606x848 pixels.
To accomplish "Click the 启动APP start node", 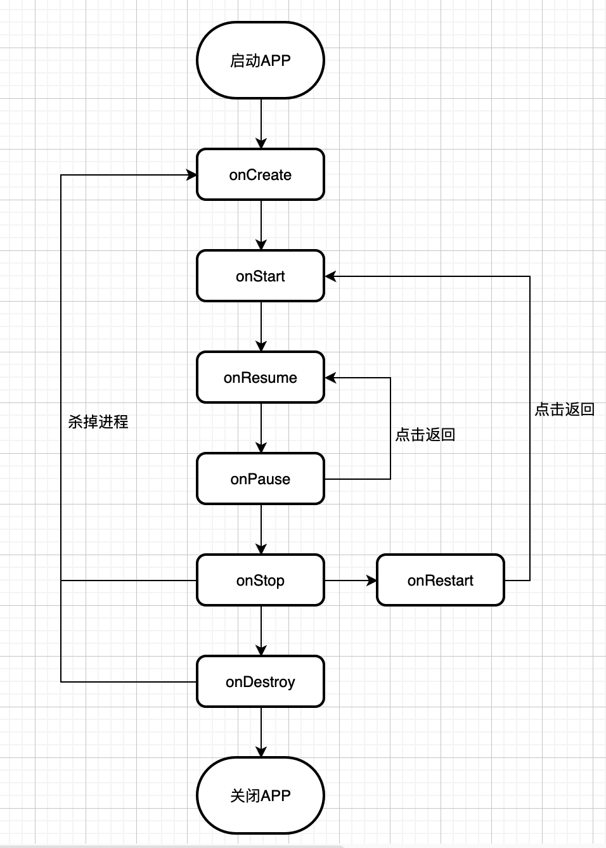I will [x=261, y=61].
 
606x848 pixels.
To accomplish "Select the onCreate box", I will [x=261, y=175].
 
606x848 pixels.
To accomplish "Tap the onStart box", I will [x=261, y=276].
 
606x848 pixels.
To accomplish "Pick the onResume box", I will [x=261, y=378].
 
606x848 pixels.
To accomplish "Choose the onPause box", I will [x=261, y=479].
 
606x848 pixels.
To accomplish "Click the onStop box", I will [x=261, y=581].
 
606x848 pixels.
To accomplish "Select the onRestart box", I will [x=441, y=581].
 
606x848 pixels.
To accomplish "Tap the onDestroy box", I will [x=261, y=682].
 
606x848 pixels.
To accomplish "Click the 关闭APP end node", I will [x=261, y=796].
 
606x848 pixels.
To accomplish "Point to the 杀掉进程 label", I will [x=98, y=422].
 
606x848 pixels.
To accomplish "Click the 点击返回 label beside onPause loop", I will [x=425, y=435].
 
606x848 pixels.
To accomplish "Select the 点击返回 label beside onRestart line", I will [x=565, y=409].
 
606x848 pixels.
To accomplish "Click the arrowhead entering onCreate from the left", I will [x=191, y=175].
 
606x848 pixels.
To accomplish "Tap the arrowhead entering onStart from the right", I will [x=330, y=276].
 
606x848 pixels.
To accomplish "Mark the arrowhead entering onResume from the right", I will [x=330, y=378].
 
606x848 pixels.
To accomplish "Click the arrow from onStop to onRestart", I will [x=351, y=581].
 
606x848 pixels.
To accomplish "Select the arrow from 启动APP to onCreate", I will [x=261, y=124].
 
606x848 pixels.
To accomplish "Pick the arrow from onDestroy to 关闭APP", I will [x=261, y=733].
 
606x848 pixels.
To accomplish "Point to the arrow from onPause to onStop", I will [x=261, y=530].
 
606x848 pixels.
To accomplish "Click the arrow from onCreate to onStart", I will [x=261, y=226].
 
